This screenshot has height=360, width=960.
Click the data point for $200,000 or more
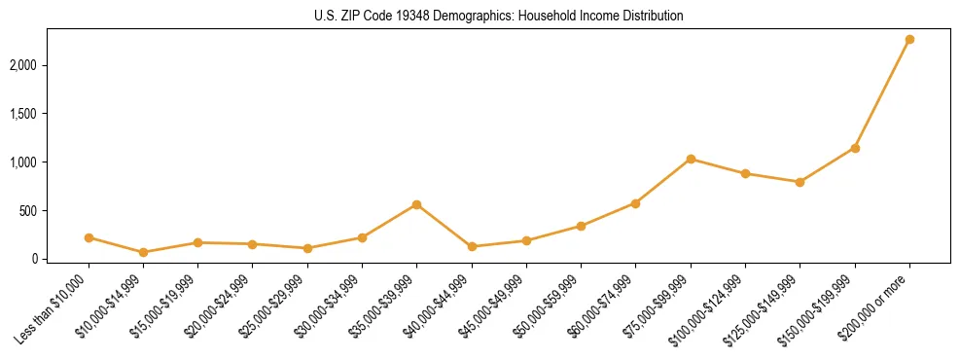[909, 39]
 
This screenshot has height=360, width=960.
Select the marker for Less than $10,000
[89, 237]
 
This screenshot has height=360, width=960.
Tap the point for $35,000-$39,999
[416, 204]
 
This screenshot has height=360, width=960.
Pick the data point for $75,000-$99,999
[691, 159]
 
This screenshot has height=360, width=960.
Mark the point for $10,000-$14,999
[143, 252]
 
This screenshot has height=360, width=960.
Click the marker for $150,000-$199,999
[855, 148]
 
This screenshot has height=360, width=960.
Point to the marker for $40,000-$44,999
[472, 246]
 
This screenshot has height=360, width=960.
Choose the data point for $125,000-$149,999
[800, 182]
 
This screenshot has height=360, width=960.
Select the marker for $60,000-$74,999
[635, 203]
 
